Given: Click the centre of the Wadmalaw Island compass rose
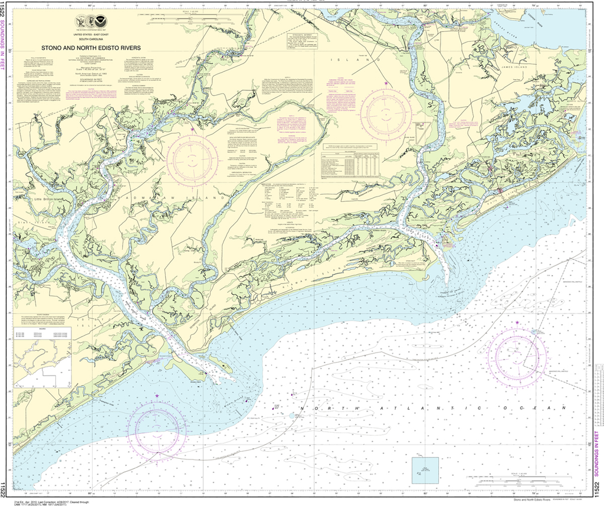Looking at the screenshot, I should click(192, 158).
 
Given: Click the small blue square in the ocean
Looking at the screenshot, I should click(425, 470).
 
